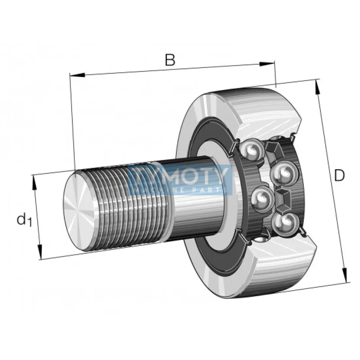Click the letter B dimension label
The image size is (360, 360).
(x=170, y=60)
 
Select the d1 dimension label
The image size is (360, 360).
(x=24, y=220)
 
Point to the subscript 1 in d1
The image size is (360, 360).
(x=29, y=223)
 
